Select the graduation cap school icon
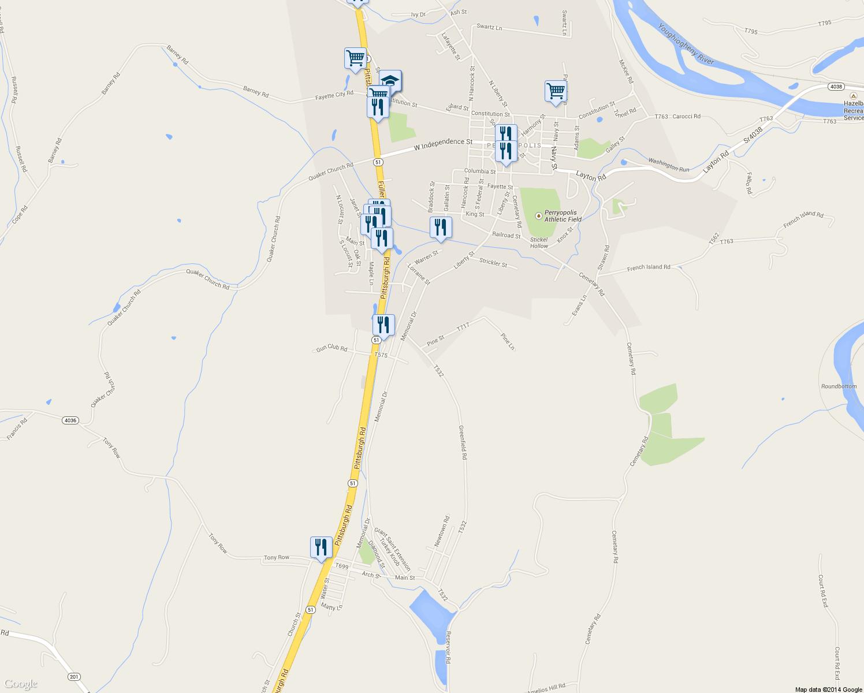point(390,80)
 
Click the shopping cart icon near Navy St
point(556,91)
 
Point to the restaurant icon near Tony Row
point(321,547)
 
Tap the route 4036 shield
point(70,420)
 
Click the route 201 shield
point(74,676)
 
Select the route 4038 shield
point(836,86)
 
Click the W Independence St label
point(443,145)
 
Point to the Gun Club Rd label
point(332,348)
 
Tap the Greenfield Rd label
point(463,442)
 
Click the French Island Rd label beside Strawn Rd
point(649,267)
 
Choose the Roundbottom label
point(839,386)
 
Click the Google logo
point(21,684)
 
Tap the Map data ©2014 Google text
point(828,690)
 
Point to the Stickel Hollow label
point(539,243)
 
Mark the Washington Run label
point(669,165)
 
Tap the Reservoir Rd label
point(448,647)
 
